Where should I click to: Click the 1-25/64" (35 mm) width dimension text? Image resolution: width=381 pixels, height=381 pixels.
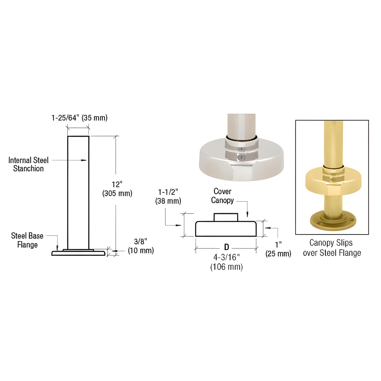(x=79, y=118)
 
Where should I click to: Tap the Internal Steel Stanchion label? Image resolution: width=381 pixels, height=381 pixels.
(x=28, y=164)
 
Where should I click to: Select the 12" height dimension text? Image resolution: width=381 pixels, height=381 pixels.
(x=117, y=184)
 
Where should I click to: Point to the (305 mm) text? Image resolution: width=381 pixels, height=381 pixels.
(x=117, y=193)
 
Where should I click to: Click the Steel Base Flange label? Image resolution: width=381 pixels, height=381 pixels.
(x=27, y=240)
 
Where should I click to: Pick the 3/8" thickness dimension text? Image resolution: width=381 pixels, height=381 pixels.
(x=141, y=241)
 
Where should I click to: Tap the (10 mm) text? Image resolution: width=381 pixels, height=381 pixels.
(x=141, y=250)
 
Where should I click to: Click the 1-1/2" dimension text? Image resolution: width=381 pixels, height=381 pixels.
(x=168, y=192)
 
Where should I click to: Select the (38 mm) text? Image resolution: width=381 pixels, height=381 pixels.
(x=168, y=201)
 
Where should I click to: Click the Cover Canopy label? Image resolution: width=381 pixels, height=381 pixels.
(x=223, y=196)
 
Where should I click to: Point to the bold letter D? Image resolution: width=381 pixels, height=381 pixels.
(x=226, y=247)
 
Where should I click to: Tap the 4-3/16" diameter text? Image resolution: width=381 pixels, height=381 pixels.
(x=226, y=257)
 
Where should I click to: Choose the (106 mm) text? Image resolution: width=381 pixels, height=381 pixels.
(x=226, y=267)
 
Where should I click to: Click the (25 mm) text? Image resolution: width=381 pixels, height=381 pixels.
(x=278, y=254)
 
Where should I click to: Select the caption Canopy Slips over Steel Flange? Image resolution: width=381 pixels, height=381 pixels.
(x=332, y=248)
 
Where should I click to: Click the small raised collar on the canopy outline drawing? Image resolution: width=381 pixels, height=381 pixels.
(x=226, y=217)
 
